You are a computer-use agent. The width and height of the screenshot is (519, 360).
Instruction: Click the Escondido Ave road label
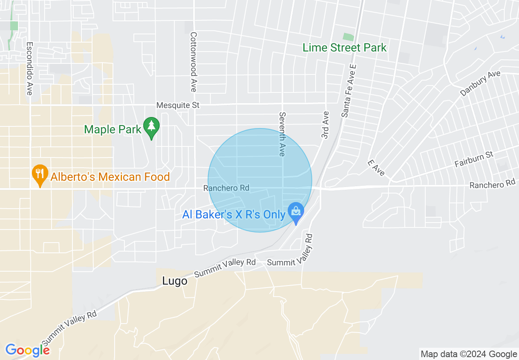pyautogui.click(x=29, y=68)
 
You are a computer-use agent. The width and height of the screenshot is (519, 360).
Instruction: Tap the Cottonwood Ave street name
pyautogui.click(x=194, y=62)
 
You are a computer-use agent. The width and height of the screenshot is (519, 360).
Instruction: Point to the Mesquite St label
pyautogui.click(x=178, y=106)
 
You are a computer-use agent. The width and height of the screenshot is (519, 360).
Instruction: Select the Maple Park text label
pyautogui.click(x=113, y=130)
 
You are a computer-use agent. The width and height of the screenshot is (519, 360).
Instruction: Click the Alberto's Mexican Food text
pyautogui.click(x=110, y=177)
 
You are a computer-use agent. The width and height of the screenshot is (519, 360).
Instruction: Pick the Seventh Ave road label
pyautogui.click(x=282, y=134)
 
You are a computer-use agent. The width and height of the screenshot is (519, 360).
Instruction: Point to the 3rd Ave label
pyautogui.click(x=325, y=125)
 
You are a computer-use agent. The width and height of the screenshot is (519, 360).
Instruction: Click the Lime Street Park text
pyautogui.click(x=344, y=48)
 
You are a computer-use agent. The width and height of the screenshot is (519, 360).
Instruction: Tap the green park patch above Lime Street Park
pyautogui.click(x=348, y=37)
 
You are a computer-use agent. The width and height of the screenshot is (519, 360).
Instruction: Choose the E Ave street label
pyautogui.click(x=376, y=168)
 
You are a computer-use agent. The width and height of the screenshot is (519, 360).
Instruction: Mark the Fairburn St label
pyautogui.click(x=474, y=159)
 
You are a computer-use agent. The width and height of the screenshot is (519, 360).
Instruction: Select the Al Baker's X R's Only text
pyautogui.click(x=234, y=215)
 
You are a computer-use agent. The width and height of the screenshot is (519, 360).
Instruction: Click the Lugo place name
pyautogui.click(x=175, y=281)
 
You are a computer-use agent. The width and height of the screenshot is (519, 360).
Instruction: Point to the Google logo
pyautogui.click(x=27, y=350)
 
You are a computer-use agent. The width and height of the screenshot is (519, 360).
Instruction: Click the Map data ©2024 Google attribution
pyautogui.click(x=469, y=354)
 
